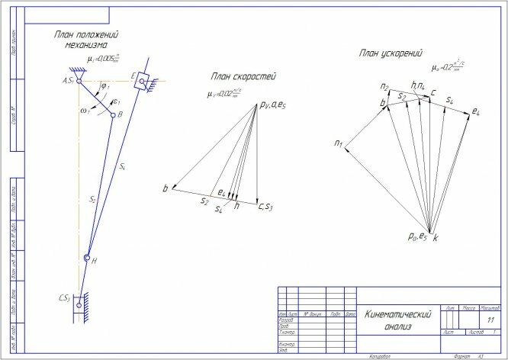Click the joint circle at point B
(x=113, y=116)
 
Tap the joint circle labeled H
(x=87, y=258)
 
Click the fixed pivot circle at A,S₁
(x=79, y=80)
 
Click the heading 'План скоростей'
(x=243, y=77)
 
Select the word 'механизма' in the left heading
(x=86, y=46)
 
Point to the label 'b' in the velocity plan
(x=164, y=188)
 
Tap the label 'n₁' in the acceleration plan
(x=338, y=143)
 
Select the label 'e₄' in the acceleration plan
(x=475, y=112)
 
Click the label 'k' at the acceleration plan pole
(x=436, y=238)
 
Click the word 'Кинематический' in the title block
(x=398, y=314)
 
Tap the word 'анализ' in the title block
(x=397, y=326)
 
